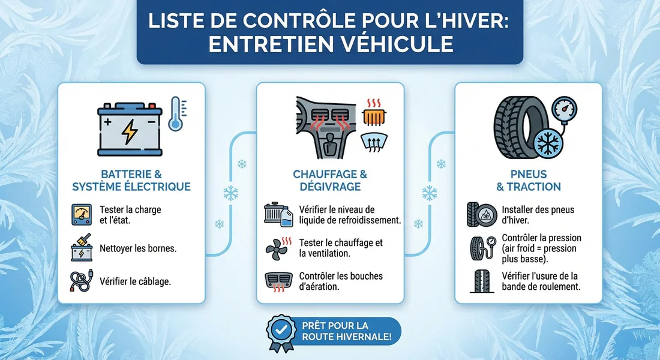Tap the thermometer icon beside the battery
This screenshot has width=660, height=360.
click(175, 113)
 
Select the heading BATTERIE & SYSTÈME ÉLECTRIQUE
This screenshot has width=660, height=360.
click(131, 180)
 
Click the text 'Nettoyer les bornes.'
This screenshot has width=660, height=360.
click(138, 248)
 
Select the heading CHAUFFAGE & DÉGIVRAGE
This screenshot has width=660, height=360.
click(329, 180)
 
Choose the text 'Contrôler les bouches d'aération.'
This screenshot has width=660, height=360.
click(340, 281)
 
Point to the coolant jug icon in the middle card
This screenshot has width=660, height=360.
click(278, 215)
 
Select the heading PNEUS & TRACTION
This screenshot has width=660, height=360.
click(528, 180)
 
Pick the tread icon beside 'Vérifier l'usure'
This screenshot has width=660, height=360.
click(481, 281)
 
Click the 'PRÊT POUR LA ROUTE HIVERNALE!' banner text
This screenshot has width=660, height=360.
click(347, 331)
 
